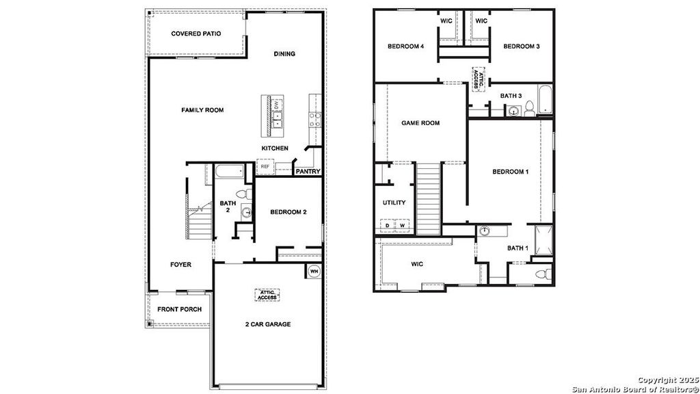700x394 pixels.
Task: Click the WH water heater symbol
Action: click(314, 271)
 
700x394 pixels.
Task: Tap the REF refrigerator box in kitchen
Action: click(265, 167)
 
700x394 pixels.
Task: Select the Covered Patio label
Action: click(196, 34)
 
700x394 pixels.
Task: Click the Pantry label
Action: click(308, 171)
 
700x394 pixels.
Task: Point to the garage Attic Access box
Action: click(267, 295)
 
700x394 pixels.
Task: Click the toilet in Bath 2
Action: click(244, 194)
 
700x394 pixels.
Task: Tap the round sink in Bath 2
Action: click(247, 213)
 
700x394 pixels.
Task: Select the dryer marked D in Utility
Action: click(387, 226)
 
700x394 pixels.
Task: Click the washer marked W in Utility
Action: click(402, 226)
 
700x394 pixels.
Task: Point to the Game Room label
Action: click(420, 123)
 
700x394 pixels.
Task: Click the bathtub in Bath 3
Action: click(545, 99)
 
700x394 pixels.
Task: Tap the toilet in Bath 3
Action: click(530, 108)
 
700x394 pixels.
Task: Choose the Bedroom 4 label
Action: click(406, 46)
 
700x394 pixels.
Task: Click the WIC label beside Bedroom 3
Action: click(481, 21)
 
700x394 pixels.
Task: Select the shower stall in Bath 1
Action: click(543, 240)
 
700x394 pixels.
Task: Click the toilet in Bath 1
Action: click(542, 274)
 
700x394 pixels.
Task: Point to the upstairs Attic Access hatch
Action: click(478, 79)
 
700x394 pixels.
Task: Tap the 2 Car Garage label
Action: click(268, 324)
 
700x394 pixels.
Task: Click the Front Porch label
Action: click(180, 309)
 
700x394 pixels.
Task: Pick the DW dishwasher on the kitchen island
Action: click(276, 105)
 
